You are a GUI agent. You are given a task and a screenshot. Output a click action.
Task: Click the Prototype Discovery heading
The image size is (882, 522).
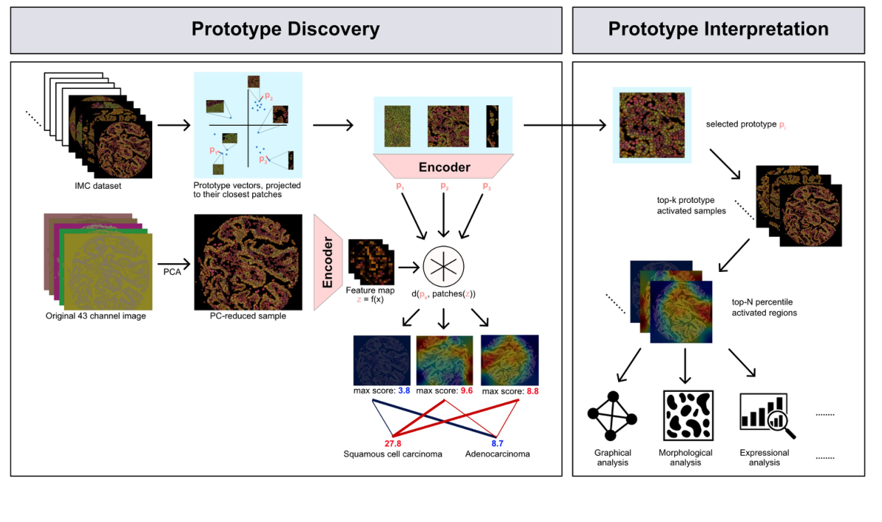point(285,29)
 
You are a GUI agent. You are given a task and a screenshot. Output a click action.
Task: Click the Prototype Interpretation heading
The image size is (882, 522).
point(718,29)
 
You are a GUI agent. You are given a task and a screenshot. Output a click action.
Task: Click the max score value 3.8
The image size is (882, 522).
point(404,391)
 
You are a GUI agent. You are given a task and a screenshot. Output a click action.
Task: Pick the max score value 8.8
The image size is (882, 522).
point(532,391)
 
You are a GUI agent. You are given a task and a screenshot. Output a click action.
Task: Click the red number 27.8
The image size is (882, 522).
point(392,443)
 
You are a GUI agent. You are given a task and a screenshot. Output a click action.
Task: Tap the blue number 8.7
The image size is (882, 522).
point(498,443)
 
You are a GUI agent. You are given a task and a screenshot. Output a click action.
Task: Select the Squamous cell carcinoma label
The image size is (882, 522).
point(392,454)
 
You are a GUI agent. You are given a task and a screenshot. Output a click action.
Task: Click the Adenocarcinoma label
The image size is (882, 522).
point(498,454)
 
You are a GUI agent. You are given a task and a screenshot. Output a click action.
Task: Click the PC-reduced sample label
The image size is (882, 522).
point(248,317)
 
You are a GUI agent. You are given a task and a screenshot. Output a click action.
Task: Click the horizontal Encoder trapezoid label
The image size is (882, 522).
point(444,167)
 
